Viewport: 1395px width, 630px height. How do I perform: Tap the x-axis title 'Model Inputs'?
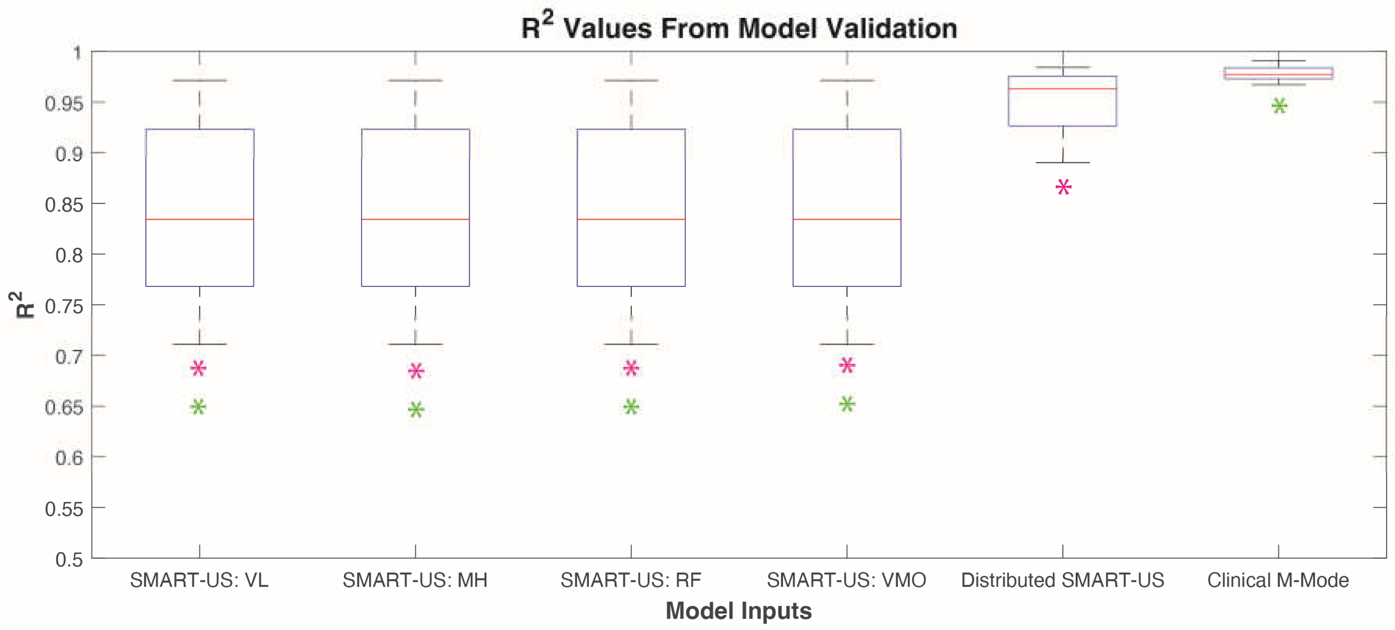738,610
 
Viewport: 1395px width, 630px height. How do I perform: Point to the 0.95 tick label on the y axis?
64,103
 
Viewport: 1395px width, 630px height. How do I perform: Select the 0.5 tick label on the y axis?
69,559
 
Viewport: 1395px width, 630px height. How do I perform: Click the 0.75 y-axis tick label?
64,306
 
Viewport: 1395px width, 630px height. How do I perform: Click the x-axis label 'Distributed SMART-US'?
1062,580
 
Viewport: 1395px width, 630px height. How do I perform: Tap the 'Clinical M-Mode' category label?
1278,580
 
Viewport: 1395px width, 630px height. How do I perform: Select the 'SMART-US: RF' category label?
630,580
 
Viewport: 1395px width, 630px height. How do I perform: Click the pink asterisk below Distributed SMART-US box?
1063,187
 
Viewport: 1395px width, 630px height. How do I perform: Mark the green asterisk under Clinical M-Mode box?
1279,106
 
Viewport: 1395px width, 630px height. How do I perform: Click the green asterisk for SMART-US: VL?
198,407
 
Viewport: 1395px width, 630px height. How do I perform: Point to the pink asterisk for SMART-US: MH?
416,371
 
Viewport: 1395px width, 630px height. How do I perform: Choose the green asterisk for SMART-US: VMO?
847,404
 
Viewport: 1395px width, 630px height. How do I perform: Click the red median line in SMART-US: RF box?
631,219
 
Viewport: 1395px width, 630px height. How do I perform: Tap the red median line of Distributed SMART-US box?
1062,88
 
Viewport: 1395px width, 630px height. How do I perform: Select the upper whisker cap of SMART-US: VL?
199,81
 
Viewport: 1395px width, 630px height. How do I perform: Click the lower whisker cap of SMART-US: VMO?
847,344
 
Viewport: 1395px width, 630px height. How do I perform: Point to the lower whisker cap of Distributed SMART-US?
1062,162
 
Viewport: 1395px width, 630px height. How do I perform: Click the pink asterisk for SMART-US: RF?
631,368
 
